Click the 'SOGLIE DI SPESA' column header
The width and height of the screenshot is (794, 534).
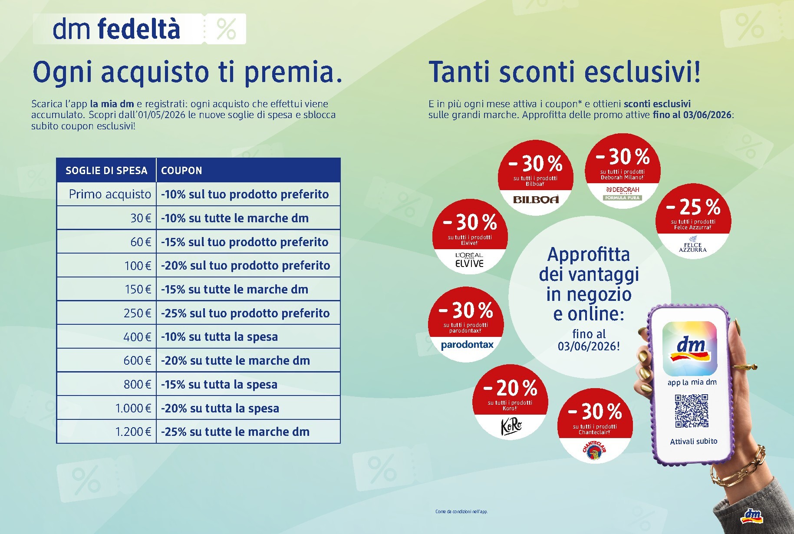[x=106, y=171]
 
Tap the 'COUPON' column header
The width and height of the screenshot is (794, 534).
[x=181, y=171]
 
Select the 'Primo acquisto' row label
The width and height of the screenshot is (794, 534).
[x=110, y=194]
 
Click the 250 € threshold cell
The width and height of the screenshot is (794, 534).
[x=137, y=313]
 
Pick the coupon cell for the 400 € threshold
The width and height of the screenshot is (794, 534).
[x=219, y=337]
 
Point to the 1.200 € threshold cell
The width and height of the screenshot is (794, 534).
[x=133, y=432]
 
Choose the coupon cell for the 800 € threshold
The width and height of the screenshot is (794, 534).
[x=219, y=385]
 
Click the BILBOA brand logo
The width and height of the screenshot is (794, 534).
[x=536, y=200]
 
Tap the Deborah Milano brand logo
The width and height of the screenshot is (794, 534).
[x=623, y=193]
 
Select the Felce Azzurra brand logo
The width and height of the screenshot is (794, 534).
[x=692, y=245]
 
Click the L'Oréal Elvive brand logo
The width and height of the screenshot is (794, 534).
[x=469, y=260]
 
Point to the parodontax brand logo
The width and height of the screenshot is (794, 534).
[x=467, y=345]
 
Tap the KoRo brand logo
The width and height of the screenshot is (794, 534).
[x=511, y=425]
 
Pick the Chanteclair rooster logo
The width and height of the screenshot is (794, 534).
[x=594, y=450]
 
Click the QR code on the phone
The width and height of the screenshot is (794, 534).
[x=692, y=411]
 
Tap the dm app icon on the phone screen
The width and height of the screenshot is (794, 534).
[x=690, y=349]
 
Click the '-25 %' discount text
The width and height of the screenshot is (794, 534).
[x=693, y=207]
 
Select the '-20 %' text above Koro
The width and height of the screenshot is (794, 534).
[x=510, y=388]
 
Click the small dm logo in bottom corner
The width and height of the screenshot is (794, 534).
[x=751, y=515]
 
